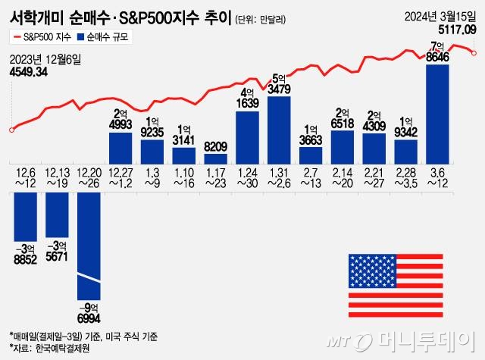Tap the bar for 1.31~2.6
tap(279, 130)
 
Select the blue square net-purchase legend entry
tap(105, 37)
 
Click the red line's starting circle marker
tap(11, 130)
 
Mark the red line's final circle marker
tap(474, 52)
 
